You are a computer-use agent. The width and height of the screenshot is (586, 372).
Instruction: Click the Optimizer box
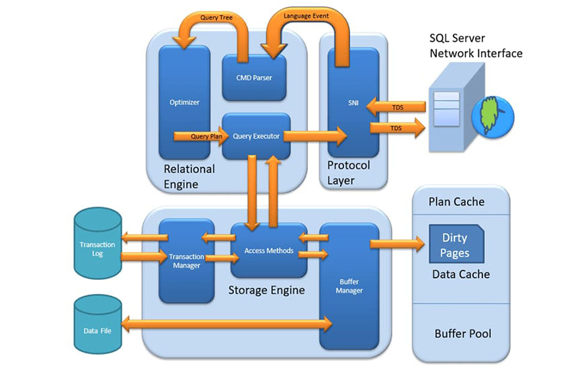coord(184,102)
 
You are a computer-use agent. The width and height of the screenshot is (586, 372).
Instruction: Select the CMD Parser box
coord(254,78)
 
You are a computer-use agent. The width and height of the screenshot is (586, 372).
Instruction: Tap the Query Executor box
coord(256,137)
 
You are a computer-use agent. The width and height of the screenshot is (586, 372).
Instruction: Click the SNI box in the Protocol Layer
coord(353,102)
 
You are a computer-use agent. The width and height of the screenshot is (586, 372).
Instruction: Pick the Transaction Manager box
coord(187,261)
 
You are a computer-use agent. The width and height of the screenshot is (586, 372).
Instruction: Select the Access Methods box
coord(269,250)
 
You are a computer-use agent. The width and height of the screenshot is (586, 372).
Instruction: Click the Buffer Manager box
coord(349,286)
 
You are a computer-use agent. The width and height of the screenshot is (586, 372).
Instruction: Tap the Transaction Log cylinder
coord(97,244)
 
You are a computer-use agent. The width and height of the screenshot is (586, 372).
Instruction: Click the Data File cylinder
coord(97,324)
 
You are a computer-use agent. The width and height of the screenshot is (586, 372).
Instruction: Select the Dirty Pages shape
coord(456,244)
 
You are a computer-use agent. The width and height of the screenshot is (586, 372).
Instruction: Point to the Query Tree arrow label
coord(216,17)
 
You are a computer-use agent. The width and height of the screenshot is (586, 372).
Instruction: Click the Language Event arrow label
coord(306,16)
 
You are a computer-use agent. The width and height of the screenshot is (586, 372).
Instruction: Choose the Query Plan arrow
coord(202,137)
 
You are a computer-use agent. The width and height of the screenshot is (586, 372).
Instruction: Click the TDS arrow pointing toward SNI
coord(396,107)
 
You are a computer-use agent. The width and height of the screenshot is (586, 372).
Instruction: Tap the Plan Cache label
coord(456,202)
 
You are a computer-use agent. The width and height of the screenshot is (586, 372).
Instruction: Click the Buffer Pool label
coord(463,334)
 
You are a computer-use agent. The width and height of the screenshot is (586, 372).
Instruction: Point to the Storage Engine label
coord(267,291)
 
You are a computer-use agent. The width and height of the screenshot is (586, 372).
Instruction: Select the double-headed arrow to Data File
coord(227,324)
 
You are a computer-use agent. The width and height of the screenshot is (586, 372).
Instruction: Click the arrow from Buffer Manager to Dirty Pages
coord(398,244)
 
